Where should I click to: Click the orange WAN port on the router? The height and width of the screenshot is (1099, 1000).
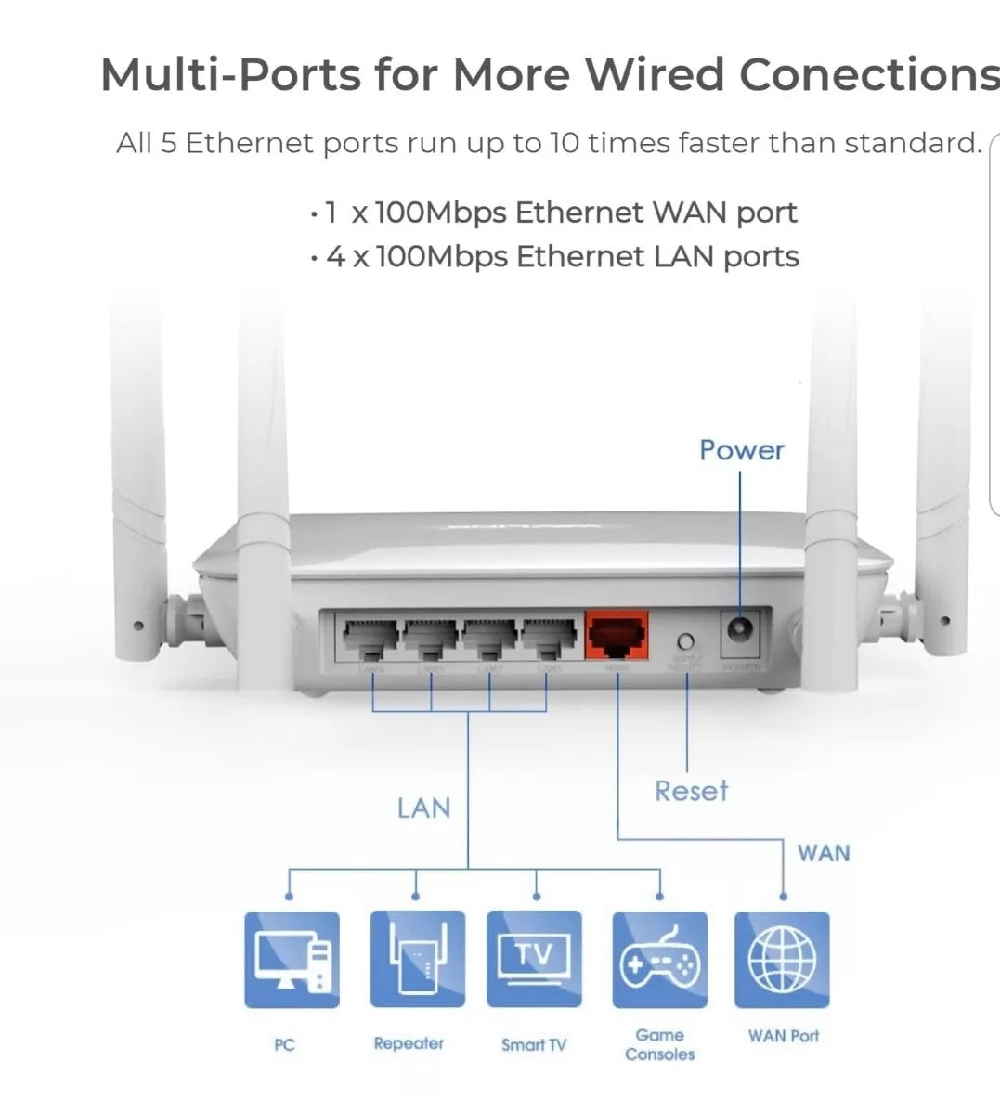617,636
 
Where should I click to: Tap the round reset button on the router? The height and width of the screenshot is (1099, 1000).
686,640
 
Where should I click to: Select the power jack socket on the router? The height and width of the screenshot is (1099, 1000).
739,632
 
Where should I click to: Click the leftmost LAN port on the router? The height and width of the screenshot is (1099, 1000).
371,637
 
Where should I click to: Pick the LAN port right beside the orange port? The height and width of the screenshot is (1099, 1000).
549,637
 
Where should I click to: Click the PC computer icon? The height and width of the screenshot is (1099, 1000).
292,960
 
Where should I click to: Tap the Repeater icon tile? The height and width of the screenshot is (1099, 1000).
417,960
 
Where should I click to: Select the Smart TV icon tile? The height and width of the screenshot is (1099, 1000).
534,960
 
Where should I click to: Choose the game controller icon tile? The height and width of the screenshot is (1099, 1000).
659,960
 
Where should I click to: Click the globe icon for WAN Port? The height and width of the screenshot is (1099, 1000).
782,960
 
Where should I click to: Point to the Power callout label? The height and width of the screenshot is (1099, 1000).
741,450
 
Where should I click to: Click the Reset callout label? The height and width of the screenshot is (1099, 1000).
691,791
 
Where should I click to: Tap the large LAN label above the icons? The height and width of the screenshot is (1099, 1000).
423,808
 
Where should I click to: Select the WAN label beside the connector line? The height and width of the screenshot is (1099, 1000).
823,853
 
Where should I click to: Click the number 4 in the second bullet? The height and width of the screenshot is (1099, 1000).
335,257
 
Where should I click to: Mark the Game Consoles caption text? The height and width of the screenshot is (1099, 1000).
659,1044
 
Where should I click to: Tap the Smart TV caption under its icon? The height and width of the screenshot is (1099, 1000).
534,1045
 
